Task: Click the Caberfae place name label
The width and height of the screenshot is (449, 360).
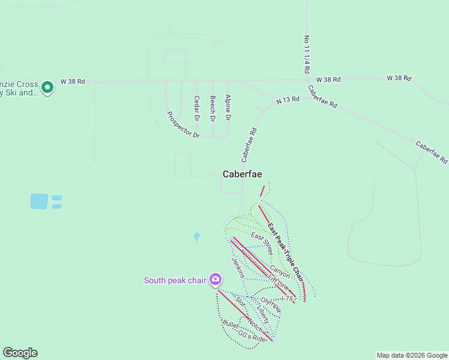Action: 242,174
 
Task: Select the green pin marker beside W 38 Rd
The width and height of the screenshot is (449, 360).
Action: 47,88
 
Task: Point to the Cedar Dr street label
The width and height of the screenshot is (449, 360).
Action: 196,107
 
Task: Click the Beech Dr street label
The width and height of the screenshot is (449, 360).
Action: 212,108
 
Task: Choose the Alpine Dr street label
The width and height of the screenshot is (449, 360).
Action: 228,107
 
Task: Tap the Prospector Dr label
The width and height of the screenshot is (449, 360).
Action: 183,125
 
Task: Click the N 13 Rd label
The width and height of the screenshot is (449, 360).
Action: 288,100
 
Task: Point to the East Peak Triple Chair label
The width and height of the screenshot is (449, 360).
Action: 286,251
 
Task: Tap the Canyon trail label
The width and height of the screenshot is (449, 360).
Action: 280,272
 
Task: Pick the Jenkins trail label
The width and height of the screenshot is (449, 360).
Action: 238,267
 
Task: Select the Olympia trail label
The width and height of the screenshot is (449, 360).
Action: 271,304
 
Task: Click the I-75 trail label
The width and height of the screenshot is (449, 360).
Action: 286,298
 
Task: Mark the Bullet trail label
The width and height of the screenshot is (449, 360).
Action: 230,326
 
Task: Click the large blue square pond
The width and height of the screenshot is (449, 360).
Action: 39,201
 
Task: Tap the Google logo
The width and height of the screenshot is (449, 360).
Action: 20,353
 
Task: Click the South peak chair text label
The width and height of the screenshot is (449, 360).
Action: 175,280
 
